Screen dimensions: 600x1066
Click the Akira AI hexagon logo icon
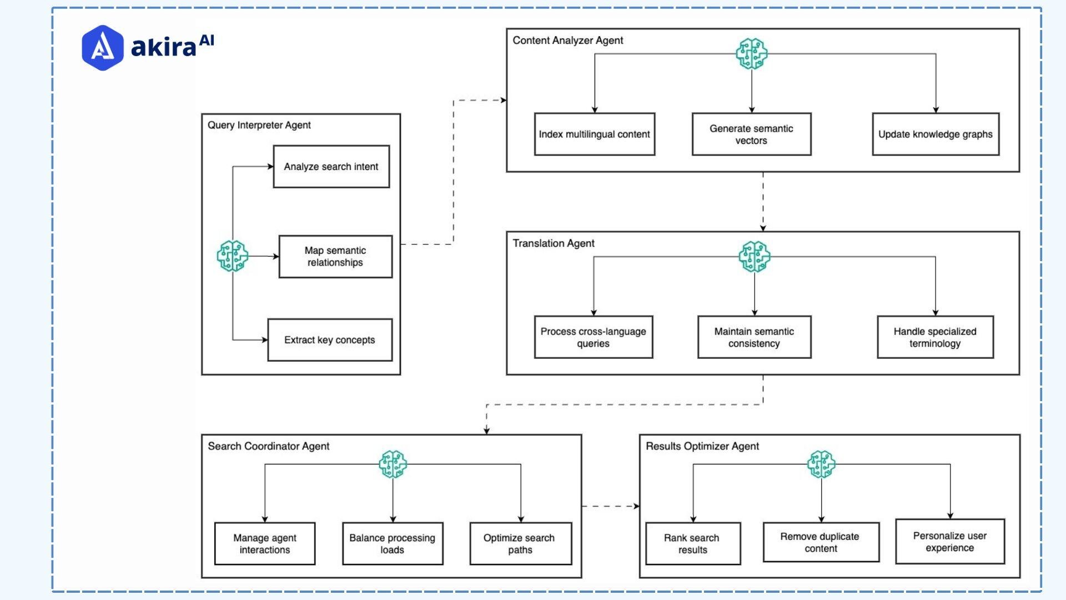pos(102,48)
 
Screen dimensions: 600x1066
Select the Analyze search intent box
pos(331,167)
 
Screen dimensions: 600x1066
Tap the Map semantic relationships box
pos(335,257)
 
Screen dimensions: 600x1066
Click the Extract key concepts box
pos(330,340)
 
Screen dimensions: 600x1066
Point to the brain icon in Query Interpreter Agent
pos(232,256)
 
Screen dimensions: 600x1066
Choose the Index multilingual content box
pos(594,134)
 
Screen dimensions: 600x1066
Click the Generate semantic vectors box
pos(751,134)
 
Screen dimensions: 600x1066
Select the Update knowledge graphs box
pos(936,134)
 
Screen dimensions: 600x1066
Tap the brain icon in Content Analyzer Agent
pos(751,54)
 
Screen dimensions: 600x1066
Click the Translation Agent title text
pos(553,243)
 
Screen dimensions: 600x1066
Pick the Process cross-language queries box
pos(593,337)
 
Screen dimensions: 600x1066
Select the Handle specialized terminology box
pos(935,337)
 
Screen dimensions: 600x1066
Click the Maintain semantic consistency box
pos(754,337)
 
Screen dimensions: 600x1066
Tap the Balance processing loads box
pos(392,544)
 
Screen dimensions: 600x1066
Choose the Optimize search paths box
pos(520,544)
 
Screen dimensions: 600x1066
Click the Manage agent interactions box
pos(264,544)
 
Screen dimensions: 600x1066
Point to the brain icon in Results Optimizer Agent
pos(821,464)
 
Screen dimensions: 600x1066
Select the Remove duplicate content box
pos(821,542)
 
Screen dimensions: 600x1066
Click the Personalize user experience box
pos(949,542)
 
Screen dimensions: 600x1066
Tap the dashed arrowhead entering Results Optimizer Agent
pos(636,506)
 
